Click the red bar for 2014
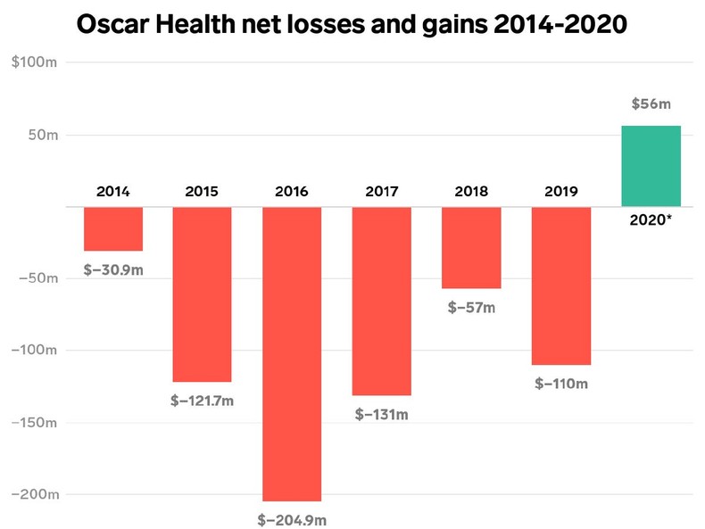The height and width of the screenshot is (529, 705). click(x=113, y=228)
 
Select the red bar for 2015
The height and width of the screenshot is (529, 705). click(x=202, y=294)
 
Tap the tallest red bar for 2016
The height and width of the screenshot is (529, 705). click(x=292, y=353)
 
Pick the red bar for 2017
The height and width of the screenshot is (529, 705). click(x=382, y=301)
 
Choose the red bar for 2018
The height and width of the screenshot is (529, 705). click(x=471, y=247)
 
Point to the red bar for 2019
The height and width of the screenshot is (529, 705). click(x=561, y=285)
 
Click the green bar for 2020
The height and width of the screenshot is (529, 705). click(x=651, y=166)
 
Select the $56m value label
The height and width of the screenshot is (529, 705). click(x=651, y=104)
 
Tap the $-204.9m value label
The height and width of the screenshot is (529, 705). click(x=292, y=518)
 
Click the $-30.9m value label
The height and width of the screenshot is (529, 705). click(x=113, y=269)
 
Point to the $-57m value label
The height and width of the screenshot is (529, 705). click(x=471, y=308)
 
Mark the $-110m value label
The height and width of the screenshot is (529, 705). click(x=561, y=384)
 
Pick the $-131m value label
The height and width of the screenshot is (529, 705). click(x=382, y=414)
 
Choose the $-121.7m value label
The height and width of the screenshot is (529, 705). click(x=202, y=401)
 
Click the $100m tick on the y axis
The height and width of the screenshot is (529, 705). click(x=35, y=63)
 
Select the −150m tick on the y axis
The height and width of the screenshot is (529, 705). click(x=34, y=422)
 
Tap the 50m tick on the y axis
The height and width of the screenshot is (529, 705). click(x=40, y=136)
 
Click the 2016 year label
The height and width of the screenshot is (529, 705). click(x=292, y=191)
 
